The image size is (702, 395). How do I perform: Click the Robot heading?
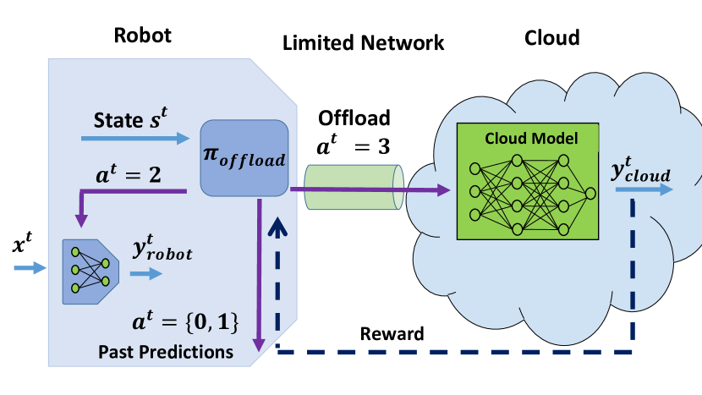[x=143, y=36]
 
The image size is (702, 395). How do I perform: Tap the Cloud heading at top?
[x=552, y=37]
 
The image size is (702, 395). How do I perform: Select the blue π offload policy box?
[x=244, y=156]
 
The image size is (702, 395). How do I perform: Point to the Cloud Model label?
[x=531, y=138]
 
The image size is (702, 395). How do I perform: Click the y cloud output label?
[x=640, y=173]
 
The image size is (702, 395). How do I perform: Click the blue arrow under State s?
[x=140, y=137]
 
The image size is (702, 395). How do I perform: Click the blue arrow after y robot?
[x=143, y=273]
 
